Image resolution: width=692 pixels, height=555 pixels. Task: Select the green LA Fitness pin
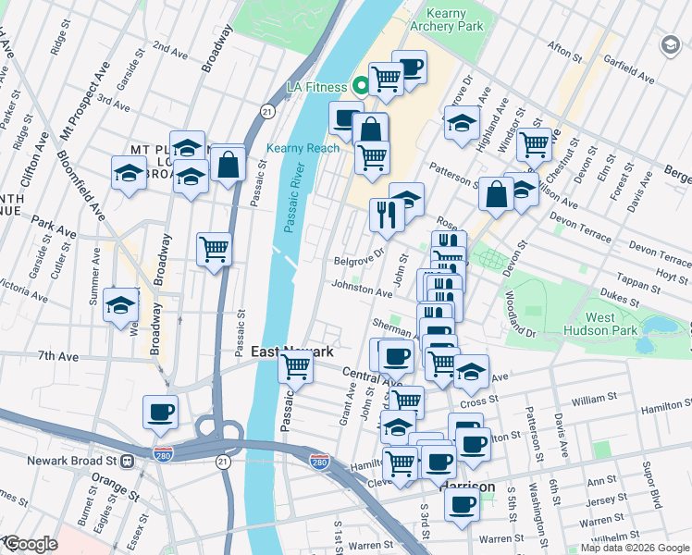[x=361, y=87]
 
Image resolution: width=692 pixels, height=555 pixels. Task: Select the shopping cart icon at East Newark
[x=295, y=366]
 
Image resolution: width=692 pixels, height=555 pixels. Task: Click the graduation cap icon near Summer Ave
[x=121, y=304]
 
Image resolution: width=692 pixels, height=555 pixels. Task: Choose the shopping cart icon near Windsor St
[x=534, y=143]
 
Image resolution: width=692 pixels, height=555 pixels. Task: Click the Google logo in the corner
[x=30, y=544]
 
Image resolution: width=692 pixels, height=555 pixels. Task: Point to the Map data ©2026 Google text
[x=635, y=548]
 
